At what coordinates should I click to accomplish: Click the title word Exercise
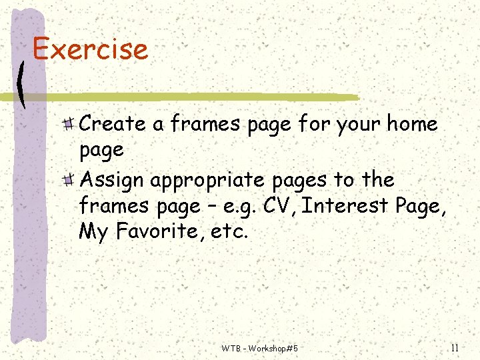point(90,49)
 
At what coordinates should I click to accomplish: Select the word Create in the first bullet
point(112,124)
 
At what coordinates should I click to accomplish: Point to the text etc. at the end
point(231,232)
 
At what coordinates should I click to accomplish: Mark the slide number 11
point(455,347)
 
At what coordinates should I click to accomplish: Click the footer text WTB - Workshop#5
point(259,348)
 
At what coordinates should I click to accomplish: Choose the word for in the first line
point(314,124)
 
